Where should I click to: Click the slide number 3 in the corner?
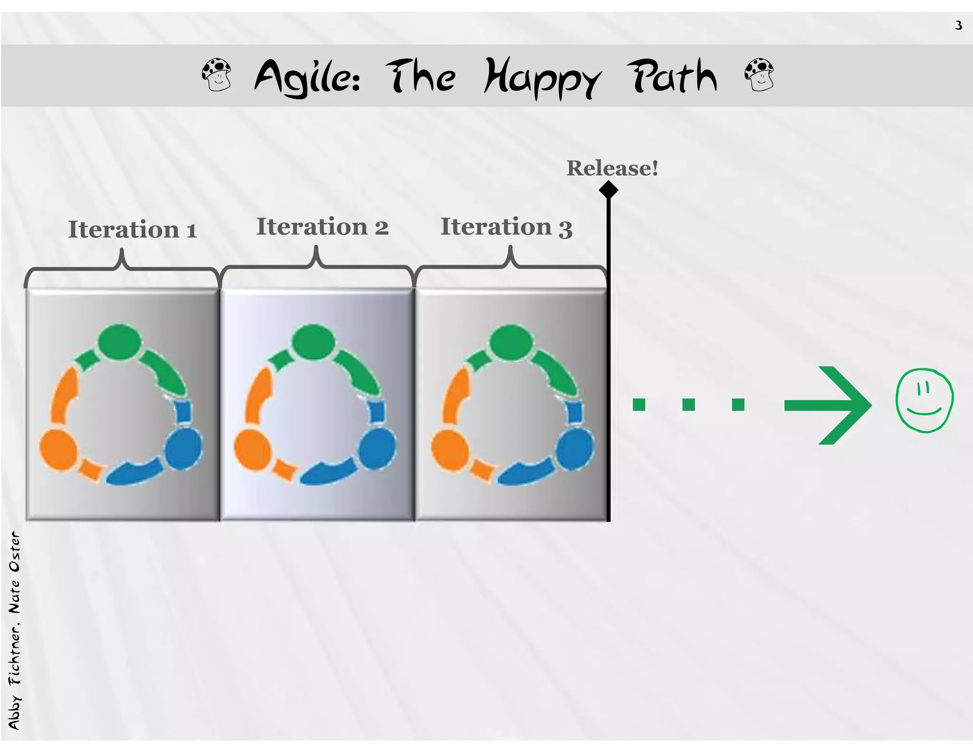(958, 25)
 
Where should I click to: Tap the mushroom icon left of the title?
(217, 75)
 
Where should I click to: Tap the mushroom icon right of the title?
(759, 75)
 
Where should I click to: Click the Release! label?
(612, 168)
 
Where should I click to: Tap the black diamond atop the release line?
(608, 190)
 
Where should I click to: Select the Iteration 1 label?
(132, 230)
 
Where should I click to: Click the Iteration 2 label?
(322, 227)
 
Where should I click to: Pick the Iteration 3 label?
(506, 227)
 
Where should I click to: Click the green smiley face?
(924, 401)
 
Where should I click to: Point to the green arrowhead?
(846, 405)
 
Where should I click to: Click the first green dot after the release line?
(639, 404)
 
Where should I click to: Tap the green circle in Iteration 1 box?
(120, 342)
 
